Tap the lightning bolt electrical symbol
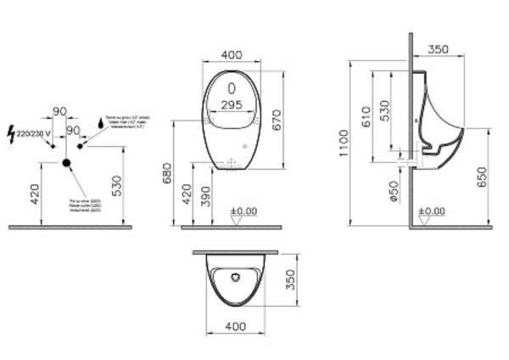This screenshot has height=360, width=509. (10, 132)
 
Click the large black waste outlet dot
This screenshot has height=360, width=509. (64, 161)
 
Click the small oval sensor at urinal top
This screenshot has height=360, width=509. (233, 87)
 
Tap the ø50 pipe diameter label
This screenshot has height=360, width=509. (394, 191)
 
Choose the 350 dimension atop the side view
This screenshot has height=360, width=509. (439, 49)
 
